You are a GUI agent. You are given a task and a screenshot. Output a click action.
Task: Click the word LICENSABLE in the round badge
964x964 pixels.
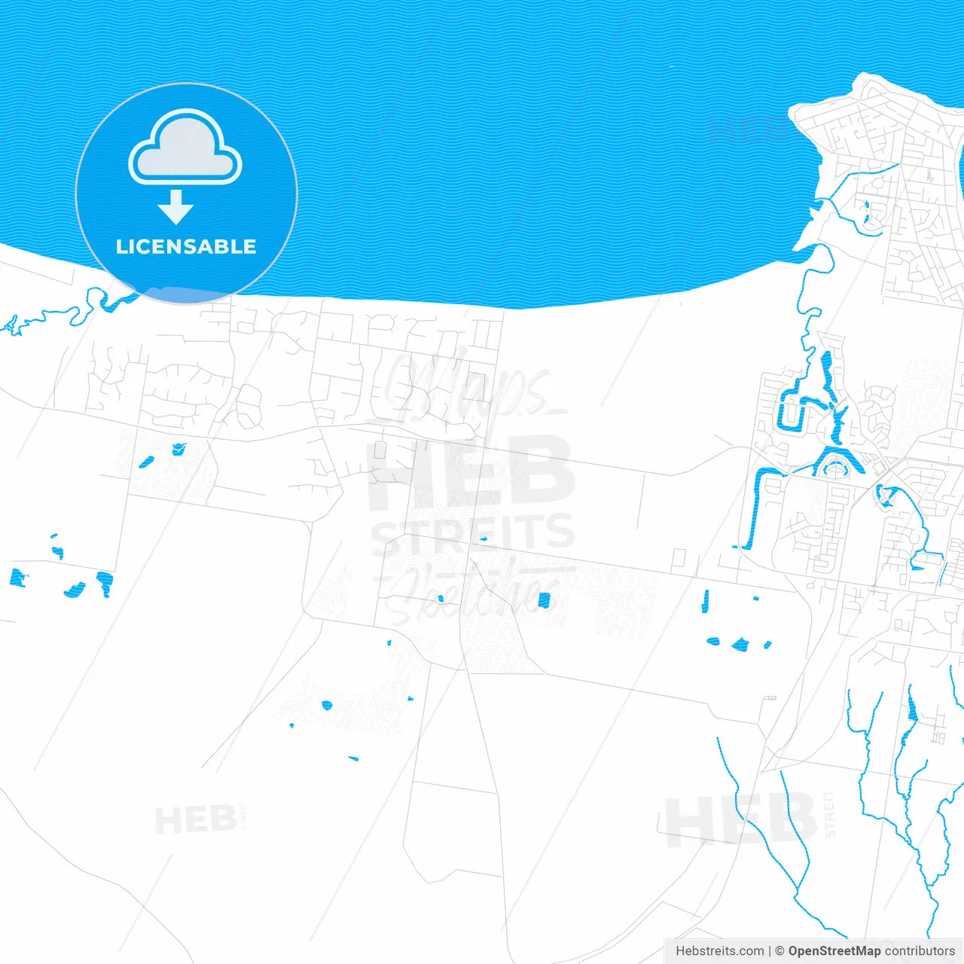[x=186, y=246]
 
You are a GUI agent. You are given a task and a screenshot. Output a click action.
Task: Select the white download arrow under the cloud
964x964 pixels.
[x=176, y=207]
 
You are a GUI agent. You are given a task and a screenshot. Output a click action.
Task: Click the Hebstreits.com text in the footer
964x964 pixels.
[x=719, y=951]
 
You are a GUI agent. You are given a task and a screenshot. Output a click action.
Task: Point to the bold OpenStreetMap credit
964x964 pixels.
[x=834, y=951]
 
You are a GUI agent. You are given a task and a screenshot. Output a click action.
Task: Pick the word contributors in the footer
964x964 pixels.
[x=920, y=951]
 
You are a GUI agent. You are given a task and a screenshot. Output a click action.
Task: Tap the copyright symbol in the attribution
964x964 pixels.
[x=779, y=951]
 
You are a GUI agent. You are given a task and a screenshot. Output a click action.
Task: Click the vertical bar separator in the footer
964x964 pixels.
[x=769, y=951]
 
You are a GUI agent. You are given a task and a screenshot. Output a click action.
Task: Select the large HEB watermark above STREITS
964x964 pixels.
[x=471, y=473]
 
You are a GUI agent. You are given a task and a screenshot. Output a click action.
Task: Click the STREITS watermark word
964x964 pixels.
[x=473, y=533]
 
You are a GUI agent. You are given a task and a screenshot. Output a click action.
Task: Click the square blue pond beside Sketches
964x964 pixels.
[x=544, y=600]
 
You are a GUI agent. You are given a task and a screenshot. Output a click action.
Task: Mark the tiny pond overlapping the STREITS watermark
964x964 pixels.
[x=483, y=538]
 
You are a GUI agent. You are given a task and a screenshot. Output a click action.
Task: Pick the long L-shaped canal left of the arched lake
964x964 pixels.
[x=757, y=505]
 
